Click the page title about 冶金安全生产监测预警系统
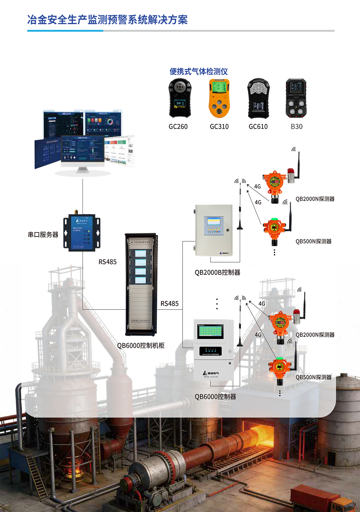pos(107,20)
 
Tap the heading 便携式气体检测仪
pos(199,72)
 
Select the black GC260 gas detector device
pos(180,98)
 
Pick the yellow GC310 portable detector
pos(219,99)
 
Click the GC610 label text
pos(258,127)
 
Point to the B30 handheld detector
pos(296,98)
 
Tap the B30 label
pos(297,127)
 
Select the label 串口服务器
pos(43,235)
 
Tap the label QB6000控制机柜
pos(141,346)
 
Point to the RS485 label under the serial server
pos(107,262)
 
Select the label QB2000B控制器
pos(217,272)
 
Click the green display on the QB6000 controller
pos(211,331)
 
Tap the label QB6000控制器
pos(215,397)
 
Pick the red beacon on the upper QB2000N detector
pos(290,171)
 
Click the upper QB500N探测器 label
pos(313,242)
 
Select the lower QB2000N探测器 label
pos(315,335)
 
